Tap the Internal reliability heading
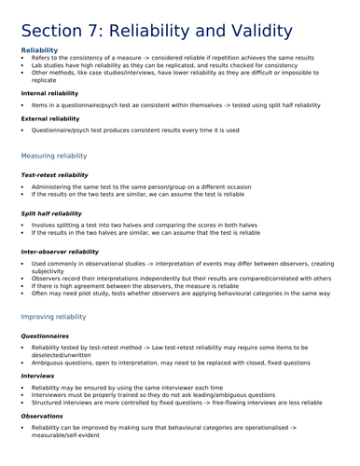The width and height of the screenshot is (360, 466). pos(51,93)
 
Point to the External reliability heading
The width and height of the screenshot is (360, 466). pos(52,119)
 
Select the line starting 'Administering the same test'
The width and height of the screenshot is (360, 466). pos(149,186)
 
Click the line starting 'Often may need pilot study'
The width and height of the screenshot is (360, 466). pos(177,293)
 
